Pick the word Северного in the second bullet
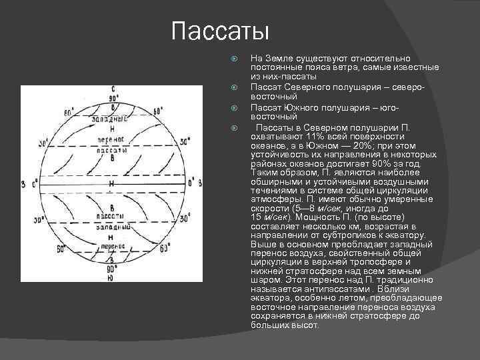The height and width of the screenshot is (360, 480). [x=311, y=87]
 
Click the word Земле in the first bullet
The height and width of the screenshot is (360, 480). [x=279, y=59]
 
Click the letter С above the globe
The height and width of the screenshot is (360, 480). [x=113, y=88]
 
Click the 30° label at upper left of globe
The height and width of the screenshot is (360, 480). [x=31, y=142]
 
